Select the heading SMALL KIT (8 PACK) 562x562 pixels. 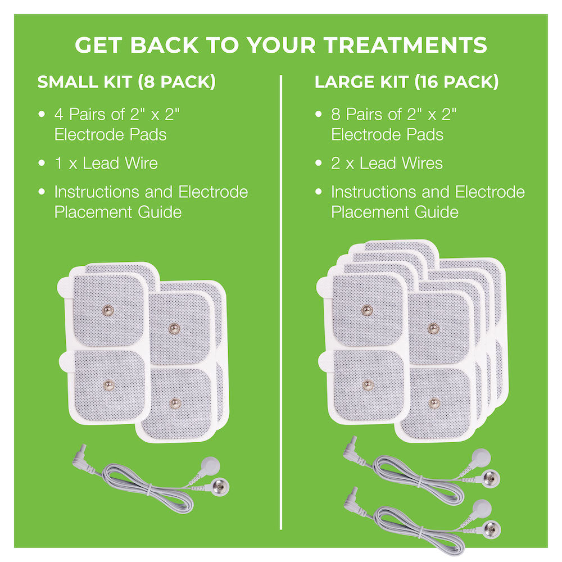coord(126,82)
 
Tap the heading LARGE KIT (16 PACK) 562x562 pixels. coord(406,82)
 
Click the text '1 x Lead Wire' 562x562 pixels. coord(106,164)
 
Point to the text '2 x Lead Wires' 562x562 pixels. coord(386,164)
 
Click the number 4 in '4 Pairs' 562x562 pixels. coord(59,115)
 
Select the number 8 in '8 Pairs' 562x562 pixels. coord(336,115)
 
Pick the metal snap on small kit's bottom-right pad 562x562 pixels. coord(175,402)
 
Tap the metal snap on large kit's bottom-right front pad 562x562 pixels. coord(433,403)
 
